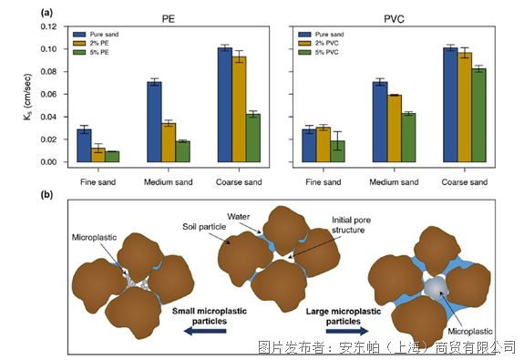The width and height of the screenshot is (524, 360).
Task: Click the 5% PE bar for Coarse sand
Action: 253,138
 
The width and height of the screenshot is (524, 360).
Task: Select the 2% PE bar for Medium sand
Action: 169,143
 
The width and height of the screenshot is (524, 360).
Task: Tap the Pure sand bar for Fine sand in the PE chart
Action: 84,146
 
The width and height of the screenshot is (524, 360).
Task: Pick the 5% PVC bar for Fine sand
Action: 337,151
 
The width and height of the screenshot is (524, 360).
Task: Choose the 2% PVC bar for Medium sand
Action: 395,129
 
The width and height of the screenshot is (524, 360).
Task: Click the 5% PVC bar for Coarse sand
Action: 478,116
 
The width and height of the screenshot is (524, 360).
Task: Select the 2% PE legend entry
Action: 91,43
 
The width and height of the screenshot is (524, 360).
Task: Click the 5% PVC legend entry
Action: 318,52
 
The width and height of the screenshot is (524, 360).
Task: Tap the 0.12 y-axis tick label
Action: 48,26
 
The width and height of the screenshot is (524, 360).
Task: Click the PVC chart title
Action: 394,19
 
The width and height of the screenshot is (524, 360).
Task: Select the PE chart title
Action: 169,19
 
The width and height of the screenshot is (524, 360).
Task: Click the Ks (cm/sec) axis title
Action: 27,97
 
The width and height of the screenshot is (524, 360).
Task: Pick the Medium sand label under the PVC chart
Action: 394,182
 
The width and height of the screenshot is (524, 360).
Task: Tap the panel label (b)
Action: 46,194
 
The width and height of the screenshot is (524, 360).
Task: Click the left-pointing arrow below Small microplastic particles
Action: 205,331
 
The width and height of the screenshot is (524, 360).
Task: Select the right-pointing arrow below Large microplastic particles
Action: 347,331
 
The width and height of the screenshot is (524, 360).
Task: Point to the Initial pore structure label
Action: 351,225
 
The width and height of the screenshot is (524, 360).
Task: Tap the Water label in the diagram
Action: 238,217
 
